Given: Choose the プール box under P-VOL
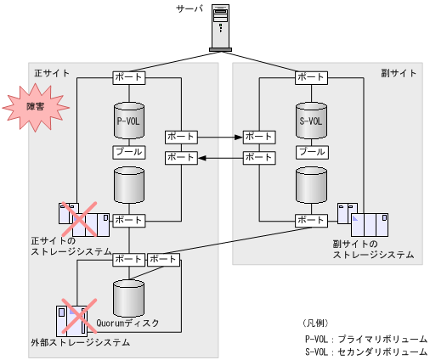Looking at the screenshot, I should (x=128, y=152).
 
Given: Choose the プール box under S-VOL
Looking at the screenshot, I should (x=311, y=152).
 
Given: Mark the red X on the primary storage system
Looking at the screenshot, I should (x=83, y=220).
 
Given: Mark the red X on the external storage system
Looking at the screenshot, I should (x=73, y=318).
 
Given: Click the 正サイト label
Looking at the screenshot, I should (x=52, y=74).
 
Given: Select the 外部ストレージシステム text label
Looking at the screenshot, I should (x=80, y=343).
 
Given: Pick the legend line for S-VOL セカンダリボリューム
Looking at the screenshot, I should (x=365, y=351).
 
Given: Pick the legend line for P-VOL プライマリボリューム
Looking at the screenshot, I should (x=365, y=338).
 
